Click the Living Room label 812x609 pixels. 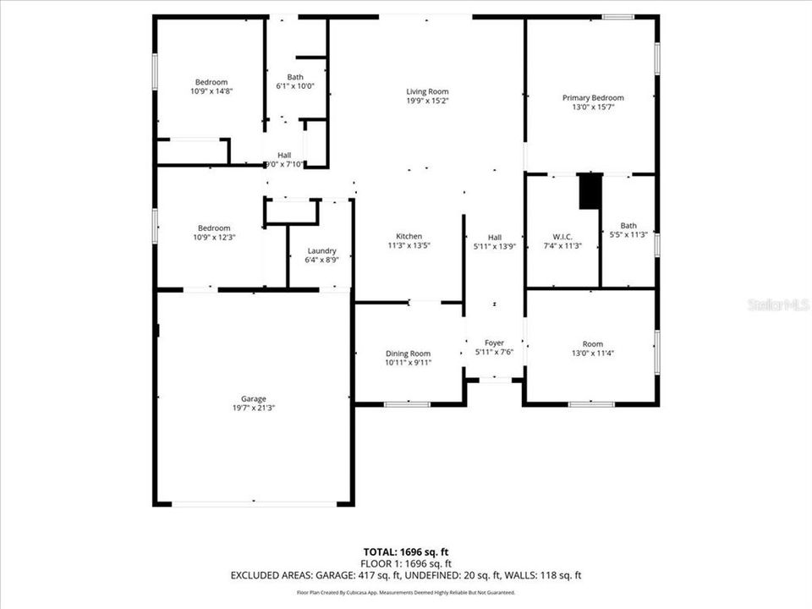(426, 91)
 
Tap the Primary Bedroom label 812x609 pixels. (593, 98)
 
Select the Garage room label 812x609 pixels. (254, 398)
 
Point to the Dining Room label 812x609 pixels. (408, 354)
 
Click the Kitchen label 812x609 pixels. (409, 236)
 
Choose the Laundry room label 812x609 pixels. (321, 250)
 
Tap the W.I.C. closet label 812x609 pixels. (562, 236)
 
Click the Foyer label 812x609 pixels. (494, 343)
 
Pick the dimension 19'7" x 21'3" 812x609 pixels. (254, 408)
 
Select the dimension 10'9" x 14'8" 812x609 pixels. (212, 91)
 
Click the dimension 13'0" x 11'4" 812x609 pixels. (592, 353)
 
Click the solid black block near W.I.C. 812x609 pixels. (590, 190)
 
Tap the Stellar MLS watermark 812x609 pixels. (778, 304)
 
